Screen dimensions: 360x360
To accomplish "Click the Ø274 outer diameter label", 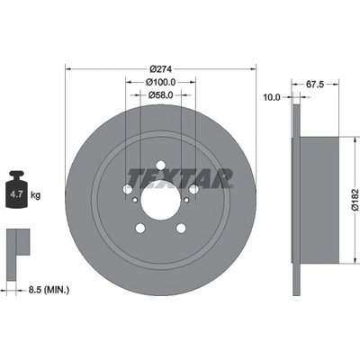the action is coord(160,69).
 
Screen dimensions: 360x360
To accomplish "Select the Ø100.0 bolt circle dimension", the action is coord(160,82).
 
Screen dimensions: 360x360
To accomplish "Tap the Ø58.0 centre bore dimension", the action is coord(160,95).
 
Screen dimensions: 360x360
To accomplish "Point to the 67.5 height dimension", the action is coord(315,85).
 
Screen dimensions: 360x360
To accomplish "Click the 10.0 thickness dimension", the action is coord(272,97).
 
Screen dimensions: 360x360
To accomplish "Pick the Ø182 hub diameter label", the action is coord(355,200).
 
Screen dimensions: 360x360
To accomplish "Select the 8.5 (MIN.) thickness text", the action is coord(49,290).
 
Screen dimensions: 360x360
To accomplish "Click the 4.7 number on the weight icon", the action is coord(16,194).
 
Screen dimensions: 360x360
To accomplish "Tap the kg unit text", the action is coord(35,195).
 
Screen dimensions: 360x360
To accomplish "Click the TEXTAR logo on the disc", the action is coord(181,178).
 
